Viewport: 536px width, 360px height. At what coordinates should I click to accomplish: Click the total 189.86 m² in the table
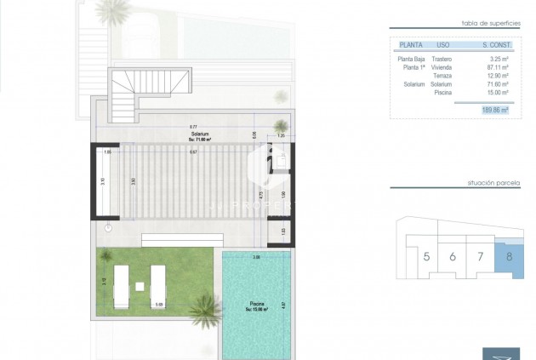493,110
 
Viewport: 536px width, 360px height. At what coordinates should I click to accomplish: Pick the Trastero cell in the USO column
442,59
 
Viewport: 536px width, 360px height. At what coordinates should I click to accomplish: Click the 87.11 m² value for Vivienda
495,67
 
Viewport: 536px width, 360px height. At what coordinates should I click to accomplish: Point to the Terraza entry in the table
442,76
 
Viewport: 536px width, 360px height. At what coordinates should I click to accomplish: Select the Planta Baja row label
412,59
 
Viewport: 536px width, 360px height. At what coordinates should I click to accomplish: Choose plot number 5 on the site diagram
426,256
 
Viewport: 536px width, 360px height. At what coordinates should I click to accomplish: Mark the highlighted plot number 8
510,255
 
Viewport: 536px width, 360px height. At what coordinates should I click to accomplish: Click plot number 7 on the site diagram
481,256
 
